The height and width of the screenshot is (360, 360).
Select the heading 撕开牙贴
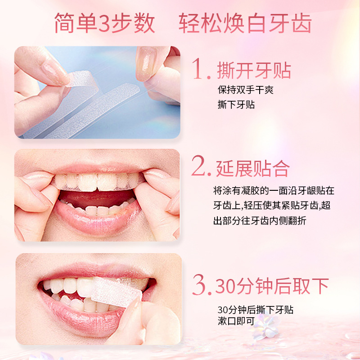[254, 71]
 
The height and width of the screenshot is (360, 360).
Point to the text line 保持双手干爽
[245, 90]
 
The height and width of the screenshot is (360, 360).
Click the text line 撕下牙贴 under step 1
[236, 104]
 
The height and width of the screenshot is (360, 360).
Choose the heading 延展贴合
[252, 168]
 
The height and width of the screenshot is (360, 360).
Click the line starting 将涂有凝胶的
[274, 190]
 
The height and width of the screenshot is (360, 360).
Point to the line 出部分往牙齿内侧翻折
[260, 220]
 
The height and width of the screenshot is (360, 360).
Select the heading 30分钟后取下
[272, 286]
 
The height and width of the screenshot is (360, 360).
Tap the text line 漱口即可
[236, 321]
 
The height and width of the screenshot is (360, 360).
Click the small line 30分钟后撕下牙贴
[256, 310]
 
